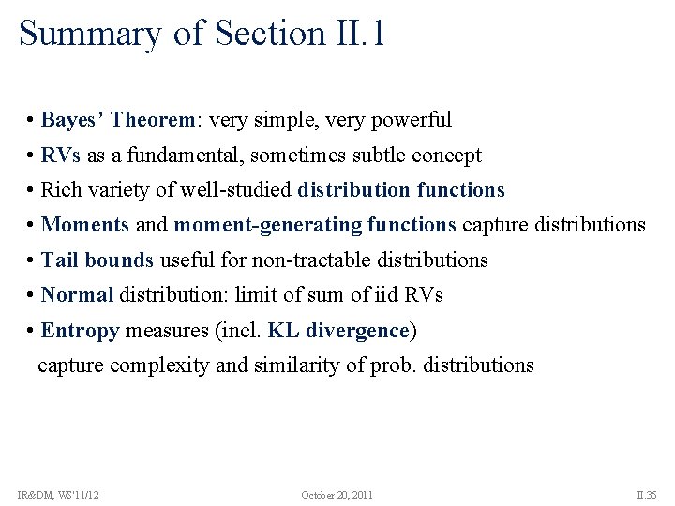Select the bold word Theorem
[x=154, y=120]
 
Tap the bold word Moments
[x=85, y=225]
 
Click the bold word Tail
[x=59, y=260]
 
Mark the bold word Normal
[x=77, y=295]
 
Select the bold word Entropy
[x=80, y=331]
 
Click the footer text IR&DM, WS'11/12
[x=58, y=494]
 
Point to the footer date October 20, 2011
[x=337, y=494]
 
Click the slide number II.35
[x=647, y=494]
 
